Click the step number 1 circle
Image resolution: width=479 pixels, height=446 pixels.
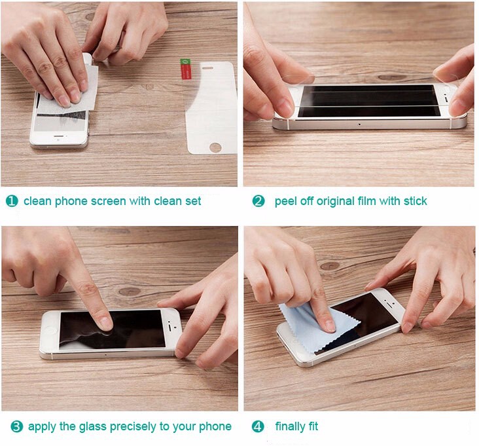(12, 201)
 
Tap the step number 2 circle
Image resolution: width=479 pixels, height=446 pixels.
(258, 201)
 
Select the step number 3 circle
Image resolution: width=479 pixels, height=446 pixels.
(17, 426)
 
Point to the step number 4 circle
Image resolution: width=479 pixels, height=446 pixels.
(258, 426)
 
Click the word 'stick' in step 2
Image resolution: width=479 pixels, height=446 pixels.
(415, 201)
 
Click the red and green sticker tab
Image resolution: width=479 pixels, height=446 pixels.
(185, 69)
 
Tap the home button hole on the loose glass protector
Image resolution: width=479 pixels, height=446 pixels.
(215, 147)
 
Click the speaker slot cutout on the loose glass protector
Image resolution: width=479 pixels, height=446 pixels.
(208, 68)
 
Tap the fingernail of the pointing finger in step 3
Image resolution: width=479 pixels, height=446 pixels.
(107, 324)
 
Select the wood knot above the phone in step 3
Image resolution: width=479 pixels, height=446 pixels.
(129, 291)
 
